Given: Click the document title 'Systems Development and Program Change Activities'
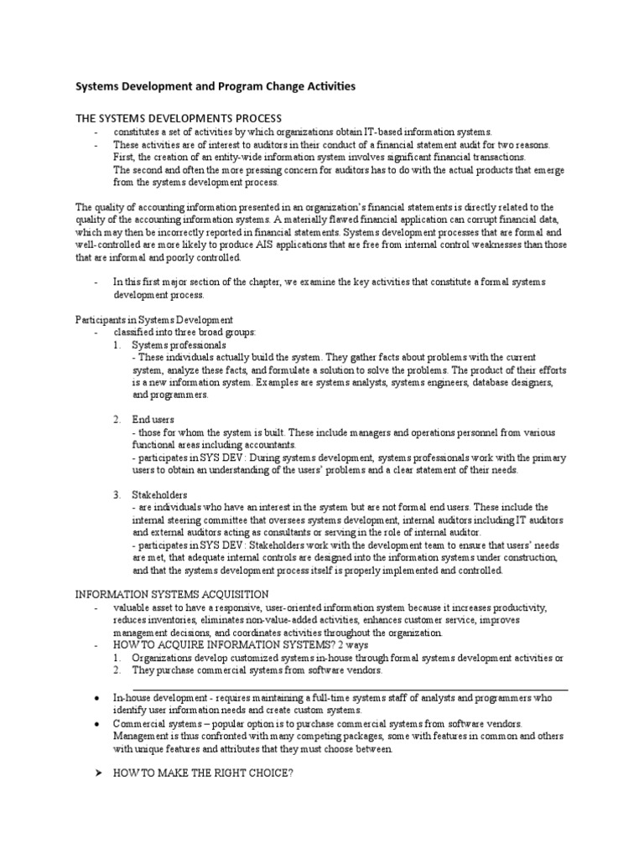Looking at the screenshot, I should tap(216, 86).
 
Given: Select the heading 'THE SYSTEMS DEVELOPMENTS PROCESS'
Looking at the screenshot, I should tap(179, 118).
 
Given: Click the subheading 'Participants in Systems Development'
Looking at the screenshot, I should tap(154, 320).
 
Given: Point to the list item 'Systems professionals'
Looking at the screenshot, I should tap(179, 344).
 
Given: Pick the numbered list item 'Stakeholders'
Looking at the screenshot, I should tap(159, 494).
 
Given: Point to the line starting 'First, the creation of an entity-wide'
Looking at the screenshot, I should tap(319, 157).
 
